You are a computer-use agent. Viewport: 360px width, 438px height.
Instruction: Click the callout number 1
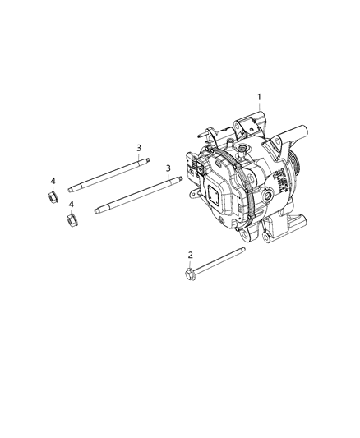click(260, 98)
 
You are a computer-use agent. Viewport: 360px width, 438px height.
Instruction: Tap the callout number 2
click(190, 256)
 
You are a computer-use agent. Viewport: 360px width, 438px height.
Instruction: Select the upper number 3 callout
click(139, 148)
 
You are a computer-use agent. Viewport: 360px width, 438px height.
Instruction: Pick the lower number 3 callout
click(168, 168)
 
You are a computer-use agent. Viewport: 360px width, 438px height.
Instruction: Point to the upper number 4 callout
click(53, 181)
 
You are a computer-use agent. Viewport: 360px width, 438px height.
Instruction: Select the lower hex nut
click(71, 219)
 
